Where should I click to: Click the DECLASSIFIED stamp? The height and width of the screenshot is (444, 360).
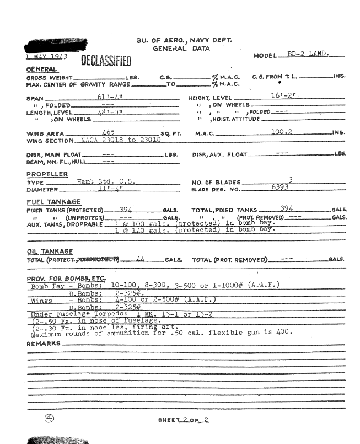coord(106,61)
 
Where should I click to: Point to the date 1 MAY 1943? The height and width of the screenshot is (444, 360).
coord(46,56)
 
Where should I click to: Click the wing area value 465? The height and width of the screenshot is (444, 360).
coord(109,132)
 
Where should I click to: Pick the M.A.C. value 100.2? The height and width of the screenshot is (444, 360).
coord(281,132)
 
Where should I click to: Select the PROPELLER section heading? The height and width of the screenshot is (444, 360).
coord(47,174)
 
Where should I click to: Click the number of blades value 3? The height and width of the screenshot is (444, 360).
coord(290,180)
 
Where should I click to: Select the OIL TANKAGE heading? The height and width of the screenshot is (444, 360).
coord(50,251)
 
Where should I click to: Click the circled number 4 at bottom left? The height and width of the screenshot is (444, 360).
coord(49,418)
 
